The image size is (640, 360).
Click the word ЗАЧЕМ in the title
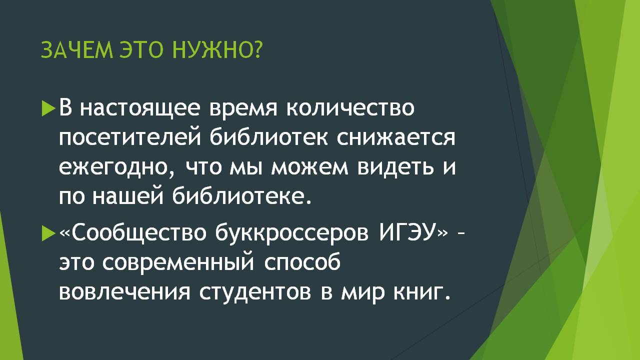(x=77, y=50)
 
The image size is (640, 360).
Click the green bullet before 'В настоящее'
(x=48, y=108)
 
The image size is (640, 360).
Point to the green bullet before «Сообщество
(x=48, y=233)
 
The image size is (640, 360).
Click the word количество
(x=350, y=108)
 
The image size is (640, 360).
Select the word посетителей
(x=130, y=138)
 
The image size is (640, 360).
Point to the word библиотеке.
(x=241, y=196)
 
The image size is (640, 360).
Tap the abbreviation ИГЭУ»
(x=414, y=233)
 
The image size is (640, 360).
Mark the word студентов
(x=255, y=293)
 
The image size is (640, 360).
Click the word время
(x=243, y=108)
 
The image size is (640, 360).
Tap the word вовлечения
(x=124, y=293)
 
